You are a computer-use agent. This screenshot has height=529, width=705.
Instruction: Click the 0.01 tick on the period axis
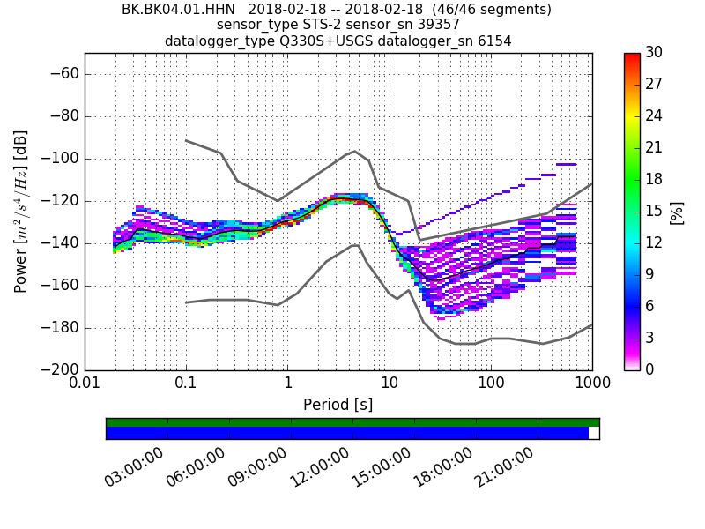(85, 384)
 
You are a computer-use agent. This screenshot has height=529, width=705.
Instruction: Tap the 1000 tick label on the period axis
(592, 384)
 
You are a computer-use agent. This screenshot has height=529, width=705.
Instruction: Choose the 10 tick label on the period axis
(389, 384)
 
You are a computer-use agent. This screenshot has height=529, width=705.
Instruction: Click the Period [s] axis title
(338, 405)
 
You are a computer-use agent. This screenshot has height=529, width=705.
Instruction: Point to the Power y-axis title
(21, 212)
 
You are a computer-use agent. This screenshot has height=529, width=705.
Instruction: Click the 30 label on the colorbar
(654, 52)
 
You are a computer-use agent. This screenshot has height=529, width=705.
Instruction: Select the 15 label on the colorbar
(654, 211)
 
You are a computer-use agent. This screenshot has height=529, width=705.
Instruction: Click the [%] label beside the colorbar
(677, 212)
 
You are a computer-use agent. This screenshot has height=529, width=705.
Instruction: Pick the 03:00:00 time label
(135, 467)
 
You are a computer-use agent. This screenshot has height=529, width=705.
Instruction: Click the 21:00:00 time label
(505, 467)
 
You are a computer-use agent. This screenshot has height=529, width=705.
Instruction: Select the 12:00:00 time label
(320, 467)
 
